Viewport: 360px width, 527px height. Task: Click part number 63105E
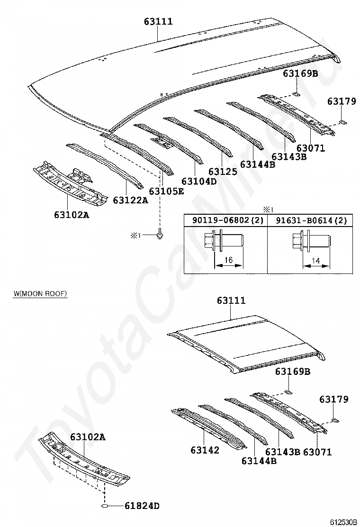tap(166, 191)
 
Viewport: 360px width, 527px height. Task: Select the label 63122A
tap(130, 200)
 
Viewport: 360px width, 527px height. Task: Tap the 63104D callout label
tap(198, 181)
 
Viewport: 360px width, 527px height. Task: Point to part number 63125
tap(222, 172)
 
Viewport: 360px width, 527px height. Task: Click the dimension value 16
tap(229, 260)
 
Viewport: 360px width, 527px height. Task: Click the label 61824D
tap(142, 507)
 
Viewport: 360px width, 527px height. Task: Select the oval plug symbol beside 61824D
tap(105, 506)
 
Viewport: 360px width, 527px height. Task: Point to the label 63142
tap(205, 450)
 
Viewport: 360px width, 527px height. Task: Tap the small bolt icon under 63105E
tap(161, 234)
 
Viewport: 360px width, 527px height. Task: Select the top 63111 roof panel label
tap(158, 21)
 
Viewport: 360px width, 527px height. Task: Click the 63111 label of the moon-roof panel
tap(231, 300)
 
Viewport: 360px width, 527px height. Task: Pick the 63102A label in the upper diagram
tap(71, 215)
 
